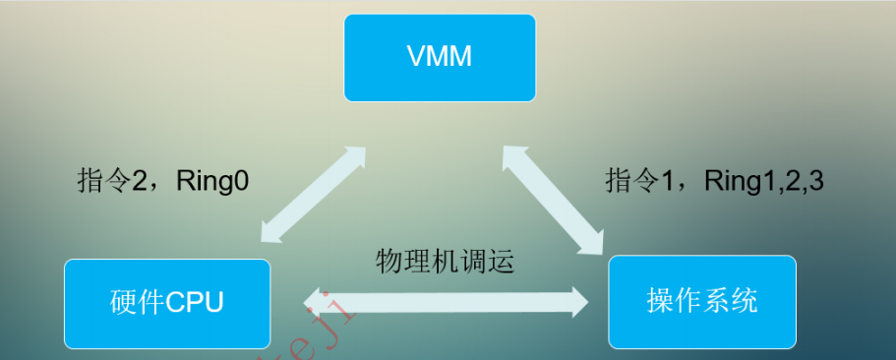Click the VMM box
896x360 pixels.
coord(440,57)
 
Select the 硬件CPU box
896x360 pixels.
coord(167,302)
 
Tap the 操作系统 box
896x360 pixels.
coord(701,300)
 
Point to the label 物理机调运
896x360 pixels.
coord(445,263)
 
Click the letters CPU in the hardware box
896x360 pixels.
coord(194,302)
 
